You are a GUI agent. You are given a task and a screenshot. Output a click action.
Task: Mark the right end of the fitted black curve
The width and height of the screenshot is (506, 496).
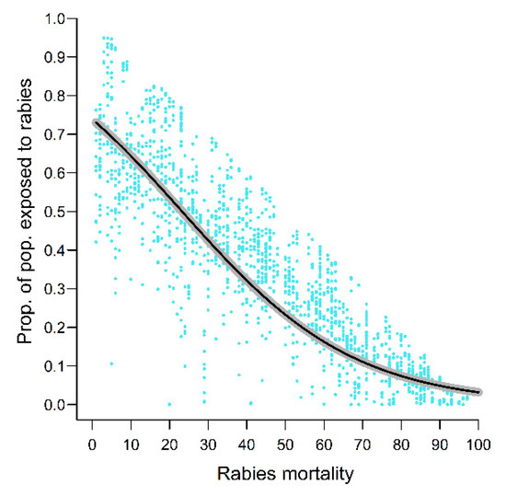pos(478,392)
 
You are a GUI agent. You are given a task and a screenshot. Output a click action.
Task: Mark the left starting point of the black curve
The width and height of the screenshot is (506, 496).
pos(96,122)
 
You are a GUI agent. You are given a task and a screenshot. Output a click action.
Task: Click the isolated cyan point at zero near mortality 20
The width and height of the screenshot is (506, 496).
pos(169,404)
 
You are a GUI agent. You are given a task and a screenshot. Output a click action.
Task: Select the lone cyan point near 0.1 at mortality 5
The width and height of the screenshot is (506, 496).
pos(111,363)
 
